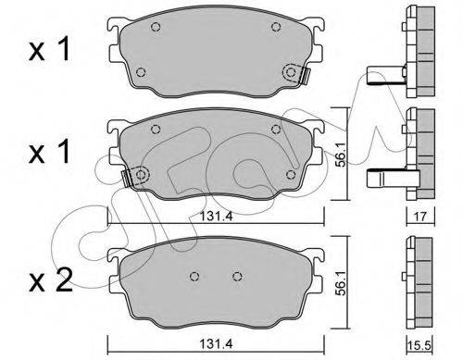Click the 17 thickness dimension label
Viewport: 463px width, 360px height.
tap(420, 217)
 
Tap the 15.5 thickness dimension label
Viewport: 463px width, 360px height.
tap(420, 345)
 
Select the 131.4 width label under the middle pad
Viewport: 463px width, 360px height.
tap(216, 217)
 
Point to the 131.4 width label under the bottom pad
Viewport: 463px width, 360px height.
tap(216, 344)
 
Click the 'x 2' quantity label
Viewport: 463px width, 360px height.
tap(51, 279)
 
